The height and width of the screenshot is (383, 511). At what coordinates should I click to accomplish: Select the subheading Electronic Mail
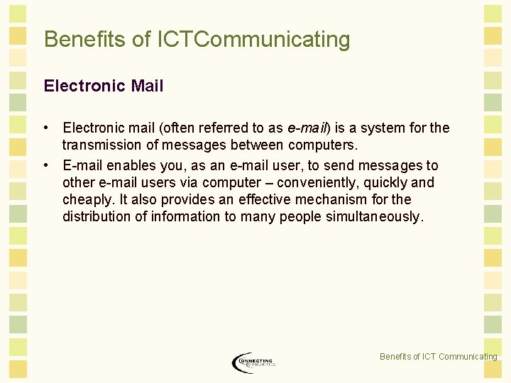point(104,87)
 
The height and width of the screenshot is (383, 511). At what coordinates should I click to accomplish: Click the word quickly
point(384,183)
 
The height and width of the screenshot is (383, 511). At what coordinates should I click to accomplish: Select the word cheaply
point(89,200)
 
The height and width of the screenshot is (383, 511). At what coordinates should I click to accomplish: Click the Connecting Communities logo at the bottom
point(253,362)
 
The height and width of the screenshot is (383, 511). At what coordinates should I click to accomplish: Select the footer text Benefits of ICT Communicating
point(438,357)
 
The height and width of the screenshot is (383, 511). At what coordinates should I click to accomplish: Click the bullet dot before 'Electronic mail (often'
point(45,128)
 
